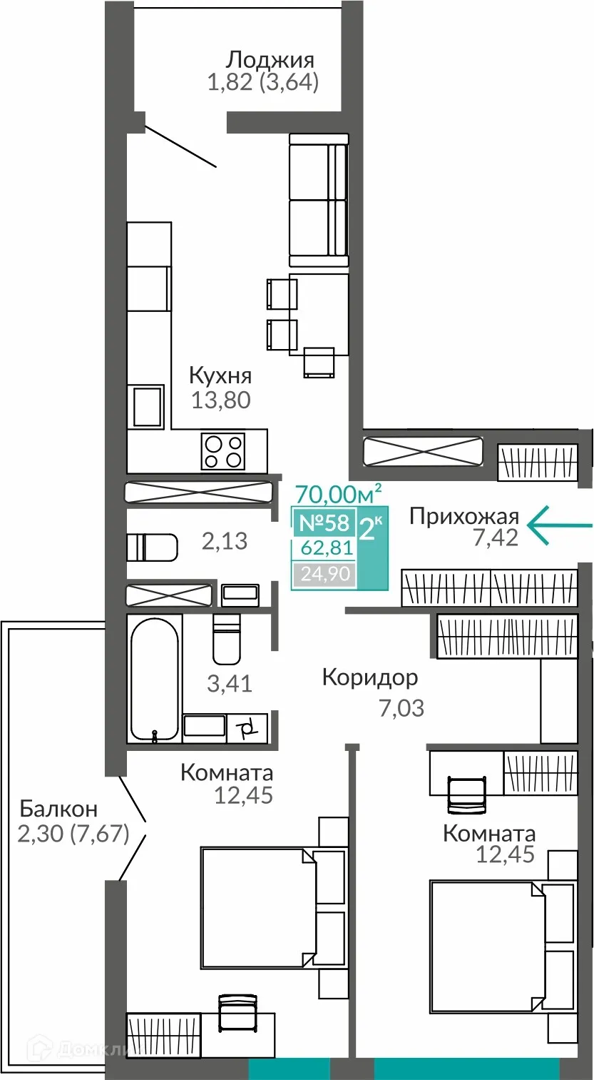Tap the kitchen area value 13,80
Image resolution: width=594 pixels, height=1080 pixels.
pyautogui.click(x=221, y=400)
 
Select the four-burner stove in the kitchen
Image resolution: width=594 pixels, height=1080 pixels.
pyautogui.click(x=223, y=451)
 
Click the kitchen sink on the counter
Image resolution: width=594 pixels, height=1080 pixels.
pyautogui.click(x=148, y=406)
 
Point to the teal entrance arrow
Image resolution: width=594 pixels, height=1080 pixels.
pyautogui.click(x=559, y=525)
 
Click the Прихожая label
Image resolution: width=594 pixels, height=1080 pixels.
pyautogui.click(x=464, y=516)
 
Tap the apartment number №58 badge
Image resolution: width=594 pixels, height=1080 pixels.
pyautogui.click(x=324, y=523)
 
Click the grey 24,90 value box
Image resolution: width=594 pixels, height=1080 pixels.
pyautogui.click(x=324, y=573)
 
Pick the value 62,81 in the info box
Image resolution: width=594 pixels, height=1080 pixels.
pyautogui.click(x=324, y=549)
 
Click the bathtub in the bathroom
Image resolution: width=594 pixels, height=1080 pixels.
pyautogui.click(x=153, y=678)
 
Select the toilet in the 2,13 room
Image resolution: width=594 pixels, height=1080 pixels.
pyautogui.click(x=152, y=547)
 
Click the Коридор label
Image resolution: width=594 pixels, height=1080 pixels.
pyautogui.click(x=369, y=677)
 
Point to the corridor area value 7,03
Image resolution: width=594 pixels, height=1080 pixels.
pyautogui.click(x=401, y=708)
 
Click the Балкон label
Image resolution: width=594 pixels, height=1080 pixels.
pyautogui.click(x=58, y=809)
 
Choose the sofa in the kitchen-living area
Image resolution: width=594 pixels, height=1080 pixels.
pyautogui.click(x=318, y=199)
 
